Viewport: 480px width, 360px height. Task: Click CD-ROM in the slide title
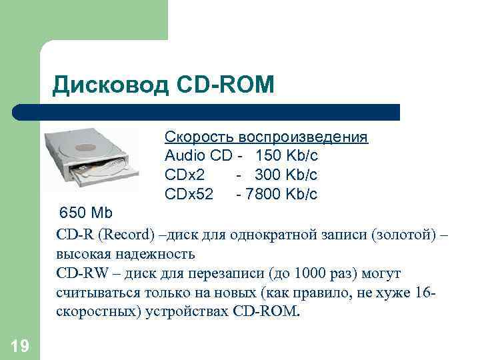coord(226,84)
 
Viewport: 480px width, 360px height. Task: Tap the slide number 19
coord(19,345)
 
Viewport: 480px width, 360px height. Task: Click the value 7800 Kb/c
coord(284,195)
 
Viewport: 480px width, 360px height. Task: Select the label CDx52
coord(189,195)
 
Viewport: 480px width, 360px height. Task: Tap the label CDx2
coord(185,175)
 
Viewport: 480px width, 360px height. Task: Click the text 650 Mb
coord(87,213)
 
